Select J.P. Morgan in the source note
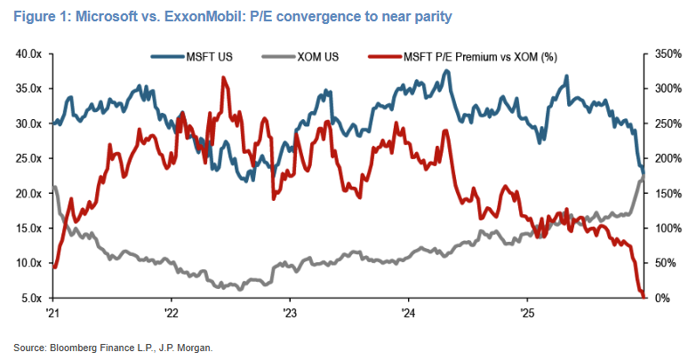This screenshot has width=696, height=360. click(189, 348)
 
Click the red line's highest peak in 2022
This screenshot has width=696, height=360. click(222, 77)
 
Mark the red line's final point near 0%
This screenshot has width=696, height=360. click(643, 297)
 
